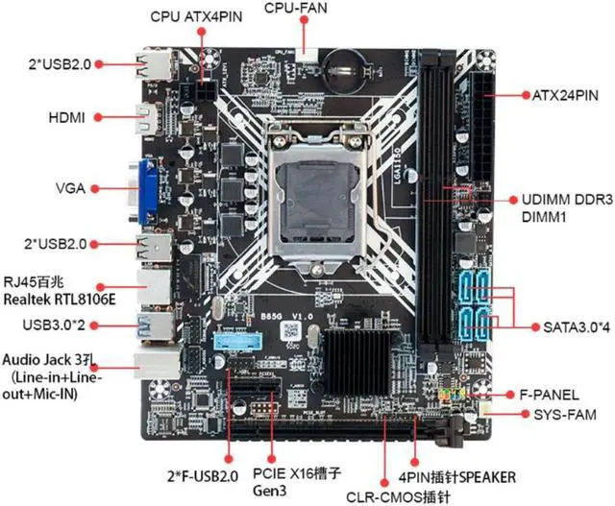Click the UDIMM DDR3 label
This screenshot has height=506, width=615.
click(568, 200)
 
